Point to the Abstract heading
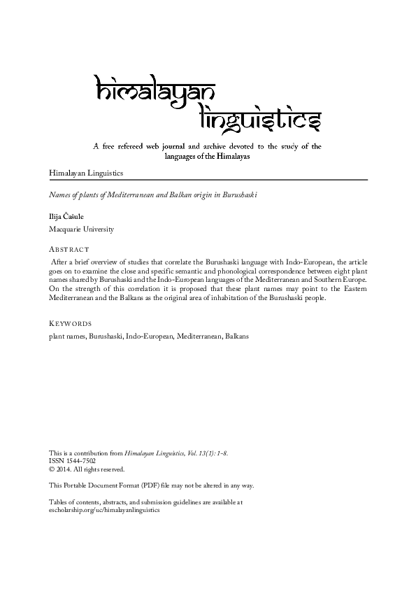click(x=69, y=249)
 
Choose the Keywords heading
click(x=70, y=324)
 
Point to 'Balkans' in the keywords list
click(x=236, y=336)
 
